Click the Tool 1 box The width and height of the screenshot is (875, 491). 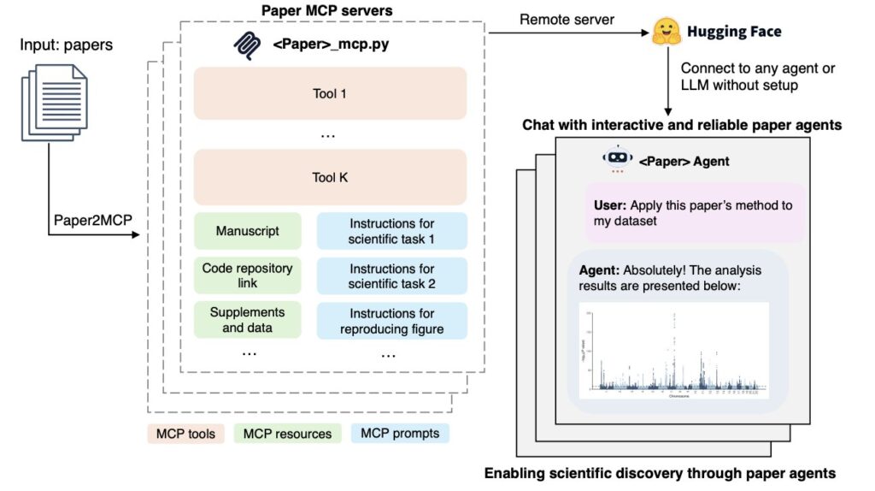pos(330,93)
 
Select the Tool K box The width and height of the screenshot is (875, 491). pos(330,178)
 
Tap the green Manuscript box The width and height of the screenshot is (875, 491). pos(247,231)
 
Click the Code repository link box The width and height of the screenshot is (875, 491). pos(247,275)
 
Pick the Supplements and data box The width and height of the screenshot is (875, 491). pos(247,320)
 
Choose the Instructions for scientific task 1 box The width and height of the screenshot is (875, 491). pos(392,231)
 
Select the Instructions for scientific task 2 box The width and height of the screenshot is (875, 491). pos(392,275)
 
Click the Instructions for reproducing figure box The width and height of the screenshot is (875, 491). pos(392,320)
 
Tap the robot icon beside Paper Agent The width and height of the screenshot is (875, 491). pos(617,160)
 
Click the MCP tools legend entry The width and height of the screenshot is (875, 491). pos(185,433)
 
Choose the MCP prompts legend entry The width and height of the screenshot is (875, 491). pos(399,433)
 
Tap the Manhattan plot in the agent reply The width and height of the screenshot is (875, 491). pos(674,351)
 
